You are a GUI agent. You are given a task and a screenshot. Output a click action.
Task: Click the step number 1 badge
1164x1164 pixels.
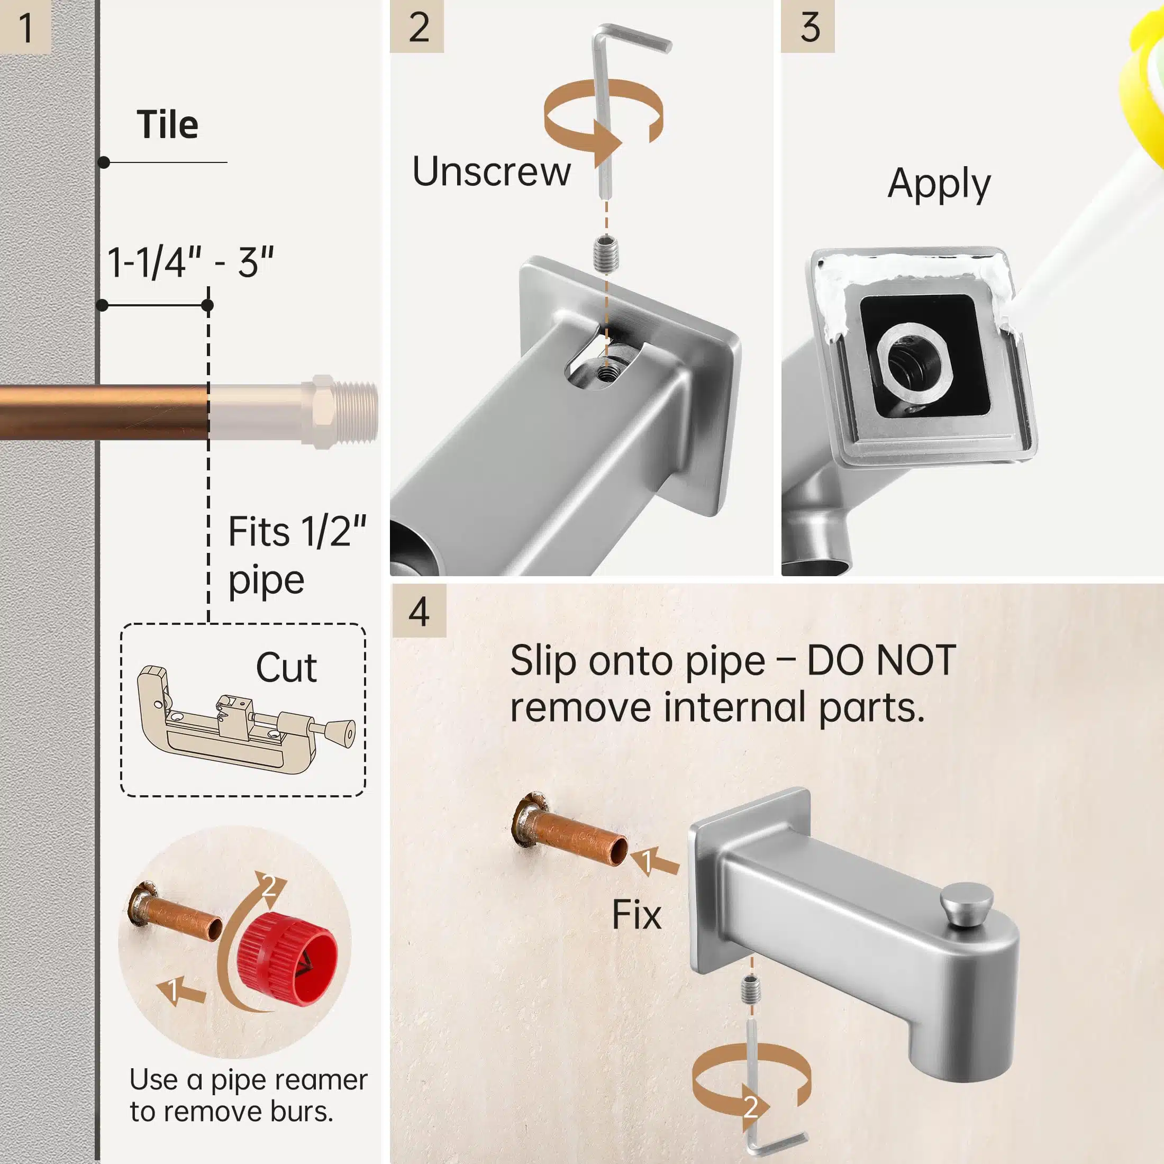pyautogui.click(x=25, y=27)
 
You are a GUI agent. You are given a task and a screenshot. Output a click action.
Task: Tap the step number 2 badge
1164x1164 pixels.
pyautogui.click(x=417, y=26)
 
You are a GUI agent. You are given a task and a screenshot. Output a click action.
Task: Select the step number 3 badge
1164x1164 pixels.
pyautogui.click(x=808, y=26)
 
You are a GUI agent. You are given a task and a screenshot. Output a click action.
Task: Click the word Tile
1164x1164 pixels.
pyautogui.click(x=168, y=125)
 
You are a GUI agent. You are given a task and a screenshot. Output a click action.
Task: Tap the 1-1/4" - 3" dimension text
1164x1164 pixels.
pyautogui.click(x=190, y=262)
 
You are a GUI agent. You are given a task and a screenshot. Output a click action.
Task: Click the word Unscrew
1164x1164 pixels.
pyautogui.click(x=491, y=172)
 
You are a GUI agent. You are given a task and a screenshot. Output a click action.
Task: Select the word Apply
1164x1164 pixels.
pyautogui.click(x=939, y=184)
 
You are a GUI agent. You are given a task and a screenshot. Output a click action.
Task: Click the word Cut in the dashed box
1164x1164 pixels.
pyautogui.click(x=286, y=668)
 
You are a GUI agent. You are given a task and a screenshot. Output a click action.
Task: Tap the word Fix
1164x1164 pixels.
pyautogui.click(x=636, y=915)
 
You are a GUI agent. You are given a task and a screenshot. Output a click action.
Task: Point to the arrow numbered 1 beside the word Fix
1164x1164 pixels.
pyautogui.click(x=654, y=861)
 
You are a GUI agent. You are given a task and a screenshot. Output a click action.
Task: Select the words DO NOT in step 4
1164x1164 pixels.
pyautogui.click(x=881, y=660)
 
